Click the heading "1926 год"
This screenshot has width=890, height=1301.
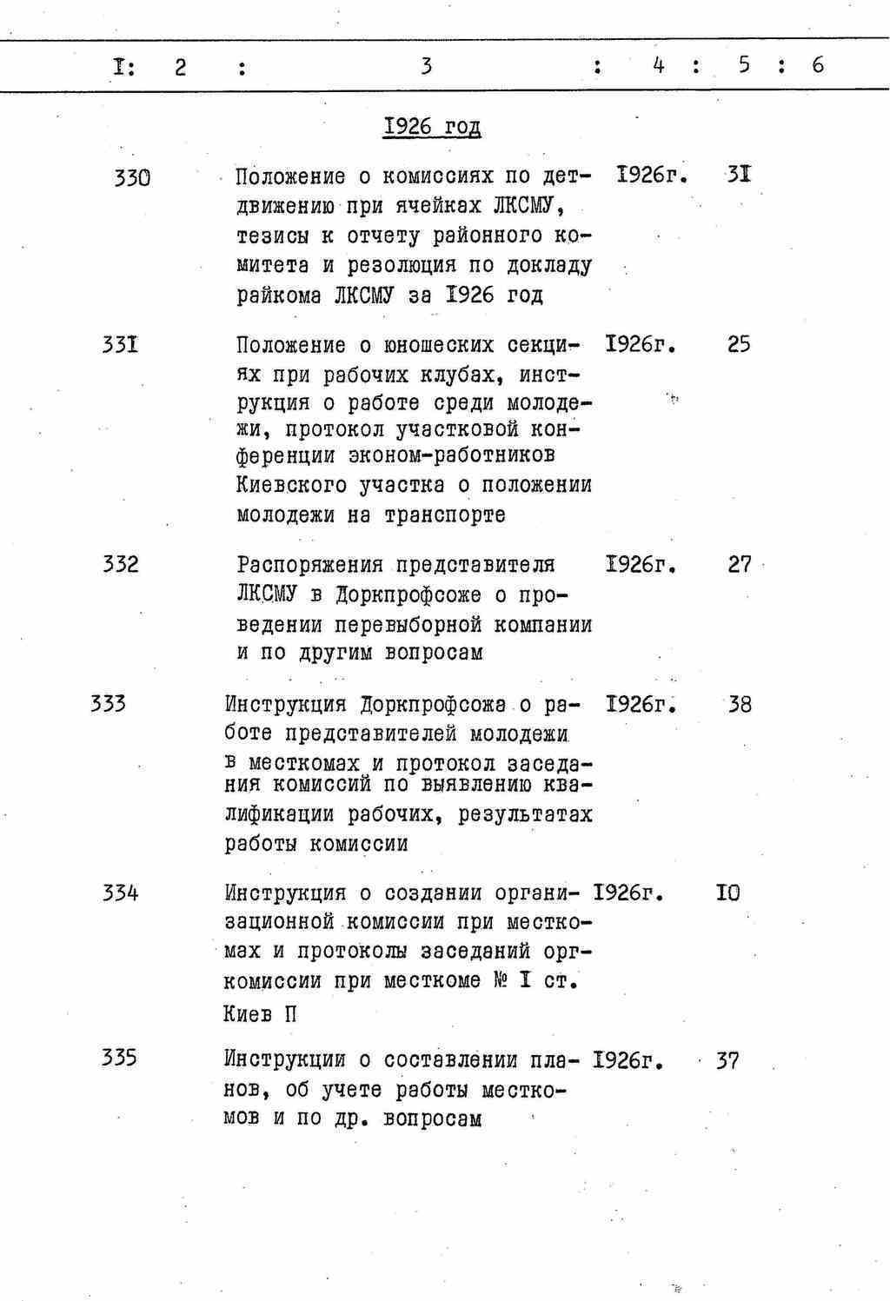tap(432, 127)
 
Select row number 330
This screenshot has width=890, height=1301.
tap(132, 178)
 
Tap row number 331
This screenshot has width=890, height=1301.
tap(121, 346)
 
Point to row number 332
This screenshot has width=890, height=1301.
tap(120, 565)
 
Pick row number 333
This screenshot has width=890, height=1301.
tap(108, 703)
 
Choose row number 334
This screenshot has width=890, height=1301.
tap(120, 893)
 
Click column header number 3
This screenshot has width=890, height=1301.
tap(426, 65)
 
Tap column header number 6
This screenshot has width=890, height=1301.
tap(818, 64)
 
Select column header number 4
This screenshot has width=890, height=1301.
tap(659, 64)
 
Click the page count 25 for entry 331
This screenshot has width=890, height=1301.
tap(739, 345)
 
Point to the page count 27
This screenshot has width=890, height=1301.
tap(740, 565)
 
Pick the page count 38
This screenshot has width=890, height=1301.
tap(740, 704)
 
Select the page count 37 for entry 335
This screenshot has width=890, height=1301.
tap(727, 1061)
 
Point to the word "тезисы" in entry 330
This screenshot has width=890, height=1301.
tap(273, 236)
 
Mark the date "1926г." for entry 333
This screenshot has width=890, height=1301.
tap(641, 703)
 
